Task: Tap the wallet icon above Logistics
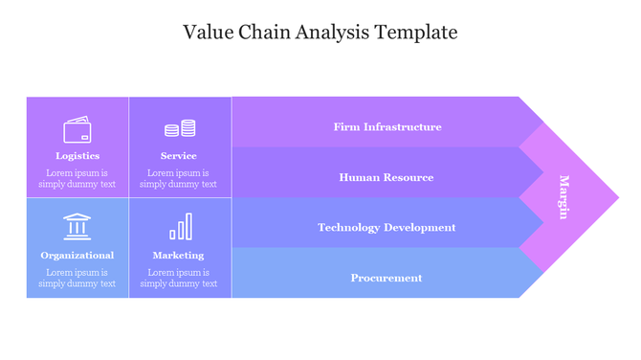(77, 129)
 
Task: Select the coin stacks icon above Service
(179, 128)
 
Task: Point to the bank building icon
(77, 227)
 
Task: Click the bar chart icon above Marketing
(180, 227)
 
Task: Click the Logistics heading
(77, 155)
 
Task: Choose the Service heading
(179, 155)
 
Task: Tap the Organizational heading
(77, 255)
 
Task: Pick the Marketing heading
(179, 255)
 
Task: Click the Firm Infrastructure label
(387, 126)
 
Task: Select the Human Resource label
(387, 177)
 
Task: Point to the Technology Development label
(387, 227)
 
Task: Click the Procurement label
(387, 278)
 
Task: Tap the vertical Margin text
(564, 197)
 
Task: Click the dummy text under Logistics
(77, 178)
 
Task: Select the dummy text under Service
(179, 178)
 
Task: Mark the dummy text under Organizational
(77, 278)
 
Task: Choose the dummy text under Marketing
(179, 278)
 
